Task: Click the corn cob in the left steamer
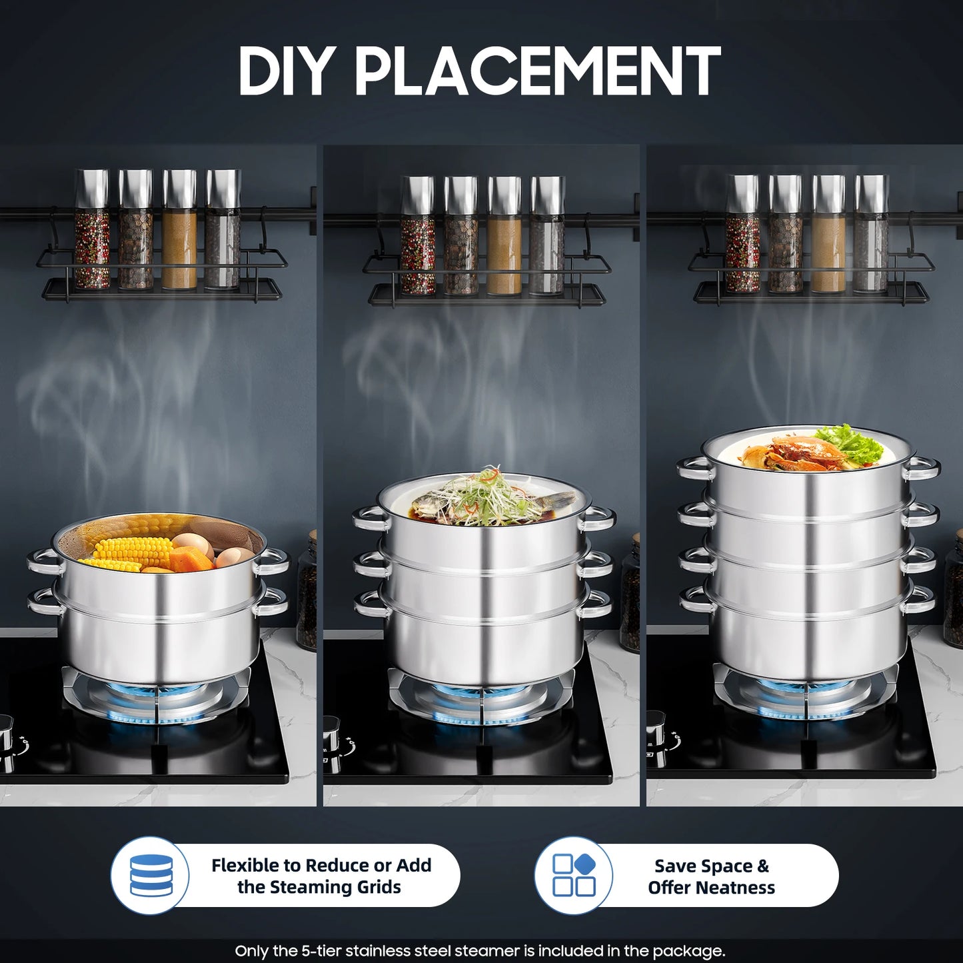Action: point(133,551)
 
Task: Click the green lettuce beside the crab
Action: point(850,443)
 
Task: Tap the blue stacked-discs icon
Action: point(151,875)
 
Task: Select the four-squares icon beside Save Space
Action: point(574,875)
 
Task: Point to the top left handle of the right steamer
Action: point(693,467)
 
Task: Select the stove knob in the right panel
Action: point(656,730)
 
